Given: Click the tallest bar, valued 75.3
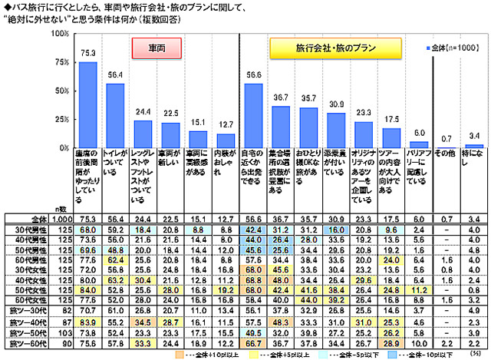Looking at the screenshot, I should (x=88, y=104).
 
